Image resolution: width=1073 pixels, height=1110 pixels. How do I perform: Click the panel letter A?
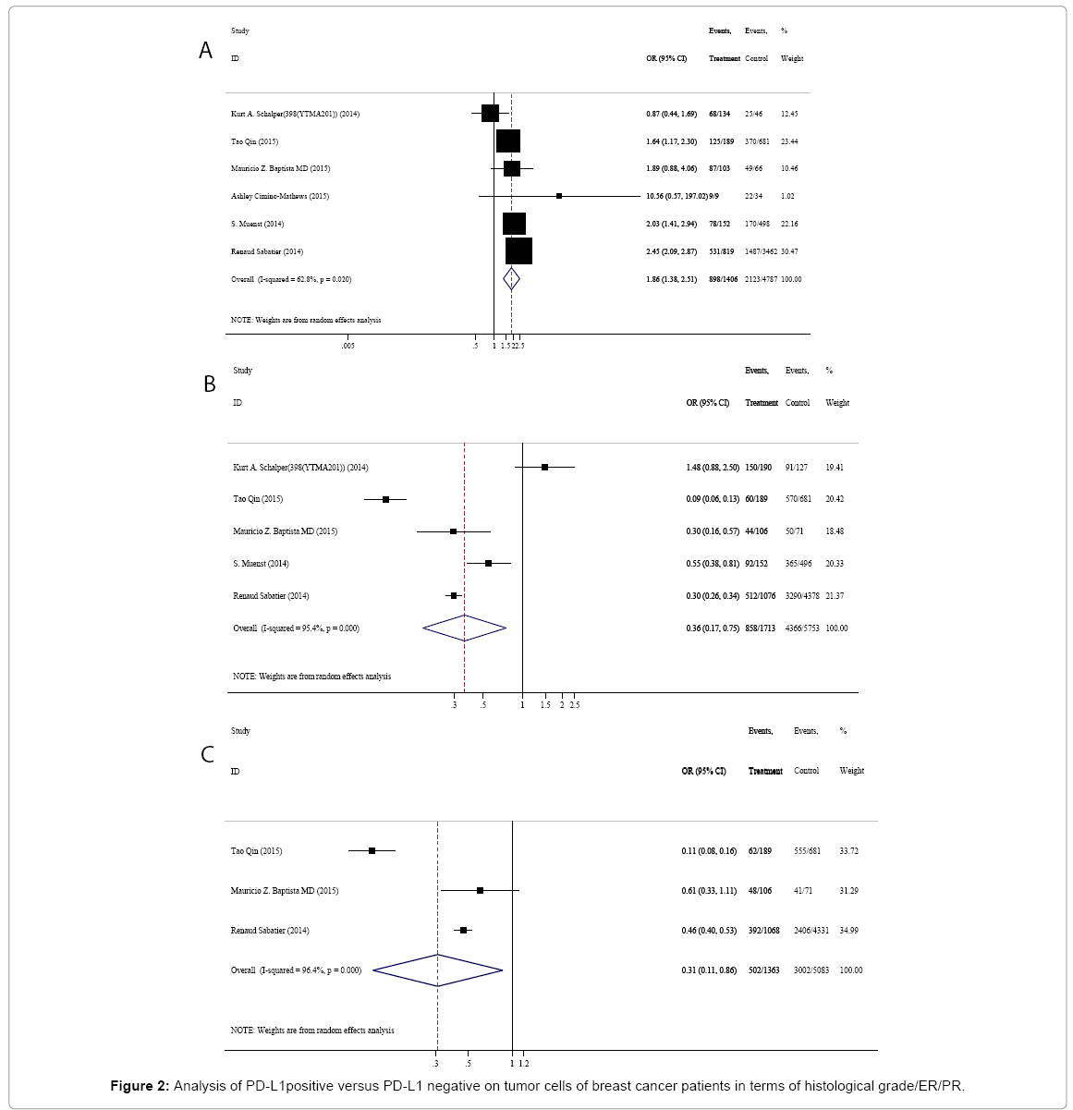(x=206, y=51)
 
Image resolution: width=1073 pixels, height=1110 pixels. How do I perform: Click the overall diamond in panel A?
(x=511, y=279)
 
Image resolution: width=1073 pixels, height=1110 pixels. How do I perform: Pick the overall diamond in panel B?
(x=464, y=628)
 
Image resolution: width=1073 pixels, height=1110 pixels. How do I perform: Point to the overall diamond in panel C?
(x=437, y=970)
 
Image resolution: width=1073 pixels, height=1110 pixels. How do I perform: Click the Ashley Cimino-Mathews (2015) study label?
(x=279, y=196)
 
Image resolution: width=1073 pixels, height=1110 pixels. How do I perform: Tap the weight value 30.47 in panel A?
(x=790, y=251)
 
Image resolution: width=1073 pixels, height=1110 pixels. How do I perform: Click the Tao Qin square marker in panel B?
(x=386, y=499)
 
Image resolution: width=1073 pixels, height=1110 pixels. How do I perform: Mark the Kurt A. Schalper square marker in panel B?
(x=545, y=468)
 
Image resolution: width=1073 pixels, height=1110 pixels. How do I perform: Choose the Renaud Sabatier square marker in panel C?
(x=464, y=931)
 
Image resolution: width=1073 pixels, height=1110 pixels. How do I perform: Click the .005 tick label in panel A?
(x=347, y=346)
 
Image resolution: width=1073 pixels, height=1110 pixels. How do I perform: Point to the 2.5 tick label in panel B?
(x=575, y=705)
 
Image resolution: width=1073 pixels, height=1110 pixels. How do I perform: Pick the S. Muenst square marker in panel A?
(x=514, y=224)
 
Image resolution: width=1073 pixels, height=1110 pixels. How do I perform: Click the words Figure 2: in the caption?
(x=140, y=1086)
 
